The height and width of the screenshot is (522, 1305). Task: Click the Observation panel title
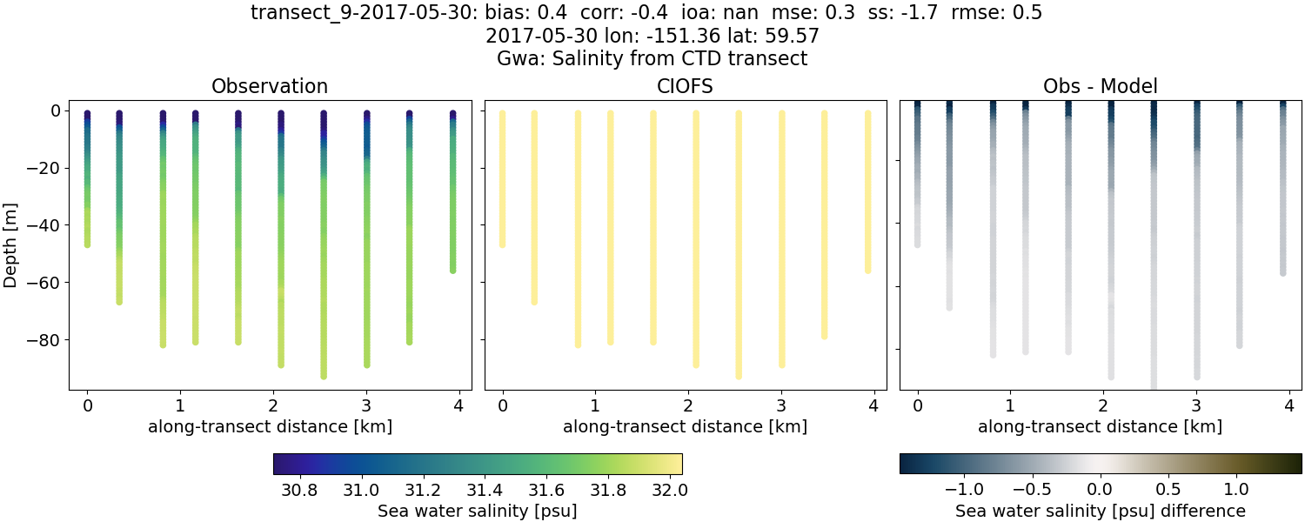tap(270, 86)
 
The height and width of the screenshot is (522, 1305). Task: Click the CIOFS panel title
tap(685, 86)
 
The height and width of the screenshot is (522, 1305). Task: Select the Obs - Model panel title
tap(1100, 86)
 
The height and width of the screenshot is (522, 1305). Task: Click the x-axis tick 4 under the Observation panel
tap(458, 405)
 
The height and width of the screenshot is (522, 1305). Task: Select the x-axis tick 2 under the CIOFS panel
tap(688, 405)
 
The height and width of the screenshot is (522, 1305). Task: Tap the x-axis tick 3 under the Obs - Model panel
tap(1196, 405)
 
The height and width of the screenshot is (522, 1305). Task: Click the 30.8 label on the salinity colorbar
tap(298, 489)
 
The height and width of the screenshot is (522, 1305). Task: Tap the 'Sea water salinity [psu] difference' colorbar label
tap(1100, 511)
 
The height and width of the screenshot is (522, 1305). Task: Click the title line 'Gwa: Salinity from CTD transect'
tap(652, 59)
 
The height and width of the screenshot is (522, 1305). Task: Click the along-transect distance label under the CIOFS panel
tap(685, 426)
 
